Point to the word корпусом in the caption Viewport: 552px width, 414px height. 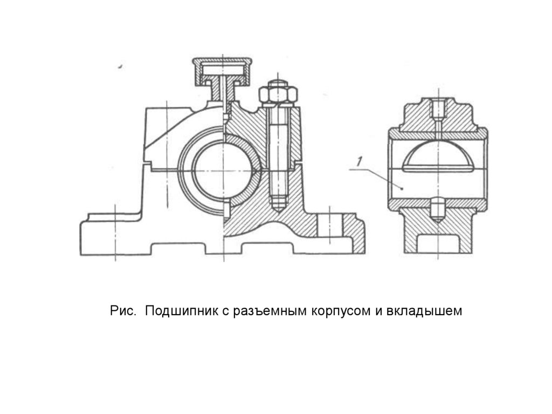(x=337, y=311)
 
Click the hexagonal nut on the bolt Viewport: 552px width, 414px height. (x=278, y=95)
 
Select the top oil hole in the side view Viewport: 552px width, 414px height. (x=439, y=111)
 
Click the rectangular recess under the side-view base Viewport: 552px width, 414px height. (x=438, y=243)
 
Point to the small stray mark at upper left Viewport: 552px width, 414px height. (x=120, y=67)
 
